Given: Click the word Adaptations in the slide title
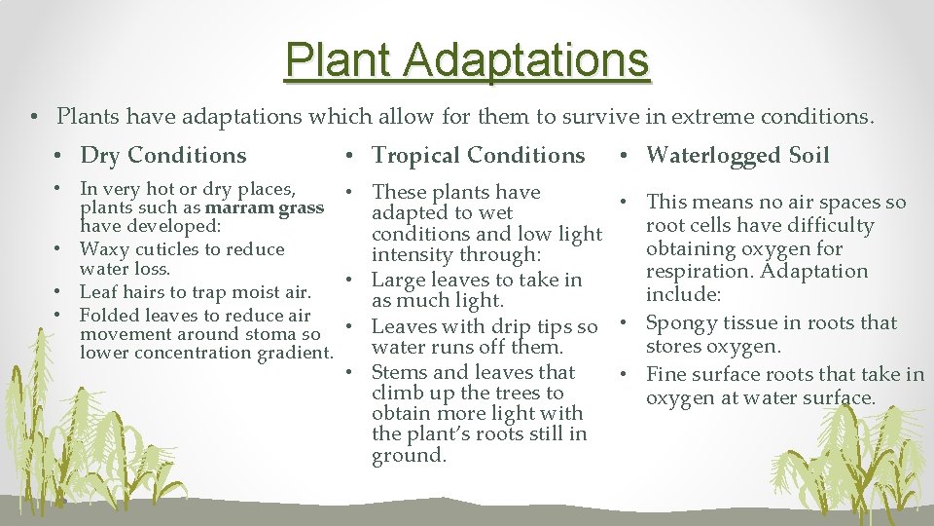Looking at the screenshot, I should click(526, 59).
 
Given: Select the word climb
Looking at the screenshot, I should click(398, 393).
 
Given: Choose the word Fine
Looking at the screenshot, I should click(666, 374).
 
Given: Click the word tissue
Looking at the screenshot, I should click(754, 323).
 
